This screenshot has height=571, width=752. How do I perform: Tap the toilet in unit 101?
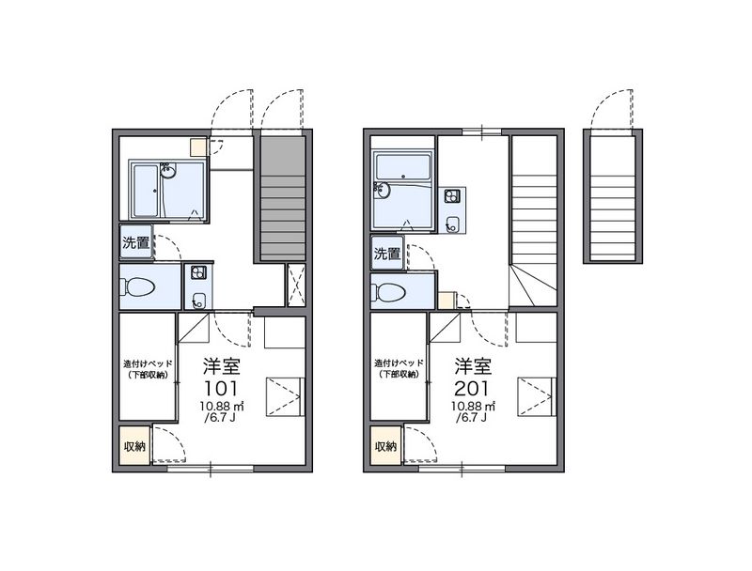[x=139, y=286]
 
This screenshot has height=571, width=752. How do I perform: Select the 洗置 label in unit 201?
[x=386, y=253]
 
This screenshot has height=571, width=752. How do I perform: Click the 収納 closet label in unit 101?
[x=133, y=446]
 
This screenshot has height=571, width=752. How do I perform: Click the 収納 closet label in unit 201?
[x=385, y=446]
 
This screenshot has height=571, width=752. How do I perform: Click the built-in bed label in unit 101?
[x=146, y=369]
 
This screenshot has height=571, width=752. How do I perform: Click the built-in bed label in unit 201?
[x=398, y=369]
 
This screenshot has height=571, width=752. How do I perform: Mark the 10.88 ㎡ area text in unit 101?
[x=222, y=406]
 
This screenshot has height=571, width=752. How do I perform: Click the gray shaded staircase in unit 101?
[x=282, y=197]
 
